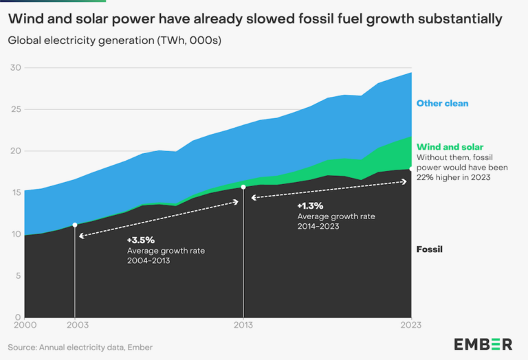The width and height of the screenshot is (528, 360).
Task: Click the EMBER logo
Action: click(483, 344)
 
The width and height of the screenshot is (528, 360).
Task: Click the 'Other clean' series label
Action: click(442, 103)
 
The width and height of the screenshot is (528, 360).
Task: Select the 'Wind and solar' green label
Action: click(450, 146)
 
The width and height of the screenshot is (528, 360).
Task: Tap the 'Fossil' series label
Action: click(429, 249)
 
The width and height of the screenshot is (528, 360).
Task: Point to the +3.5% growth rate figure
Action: click(141, 240)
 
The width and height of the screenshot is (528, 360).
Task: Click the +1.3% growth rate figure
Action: click(311, 205)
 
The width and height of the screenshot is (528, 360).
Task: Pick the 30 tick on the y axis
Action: click(14, 67)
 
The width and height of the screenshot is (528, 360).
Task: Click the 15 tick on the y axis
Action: click(14, 192)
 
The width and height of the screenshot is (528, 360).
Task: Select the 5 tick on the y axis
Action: click(16, 275)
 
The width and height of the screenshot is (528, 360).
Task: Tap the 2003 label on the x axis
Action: click(74, 325)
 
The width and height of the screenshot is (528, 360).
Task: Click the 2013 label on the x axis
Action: click(243, 325)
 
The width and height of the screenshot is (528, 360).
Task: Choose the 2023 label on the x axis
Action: click(410, 325)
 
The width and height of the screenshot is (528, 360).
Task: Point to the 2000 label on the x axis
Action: click(24, 325)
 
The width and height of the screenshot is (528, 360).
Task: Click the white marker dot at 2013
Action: click(243, 186)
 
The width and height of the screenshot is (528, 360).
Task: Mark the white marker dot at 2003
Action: click(74, 225)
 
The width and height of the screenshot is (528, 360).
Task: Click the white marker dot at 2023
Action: click(411, 168)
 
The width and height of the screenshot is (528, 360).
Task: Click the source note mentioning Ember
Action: click(80, 348)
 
